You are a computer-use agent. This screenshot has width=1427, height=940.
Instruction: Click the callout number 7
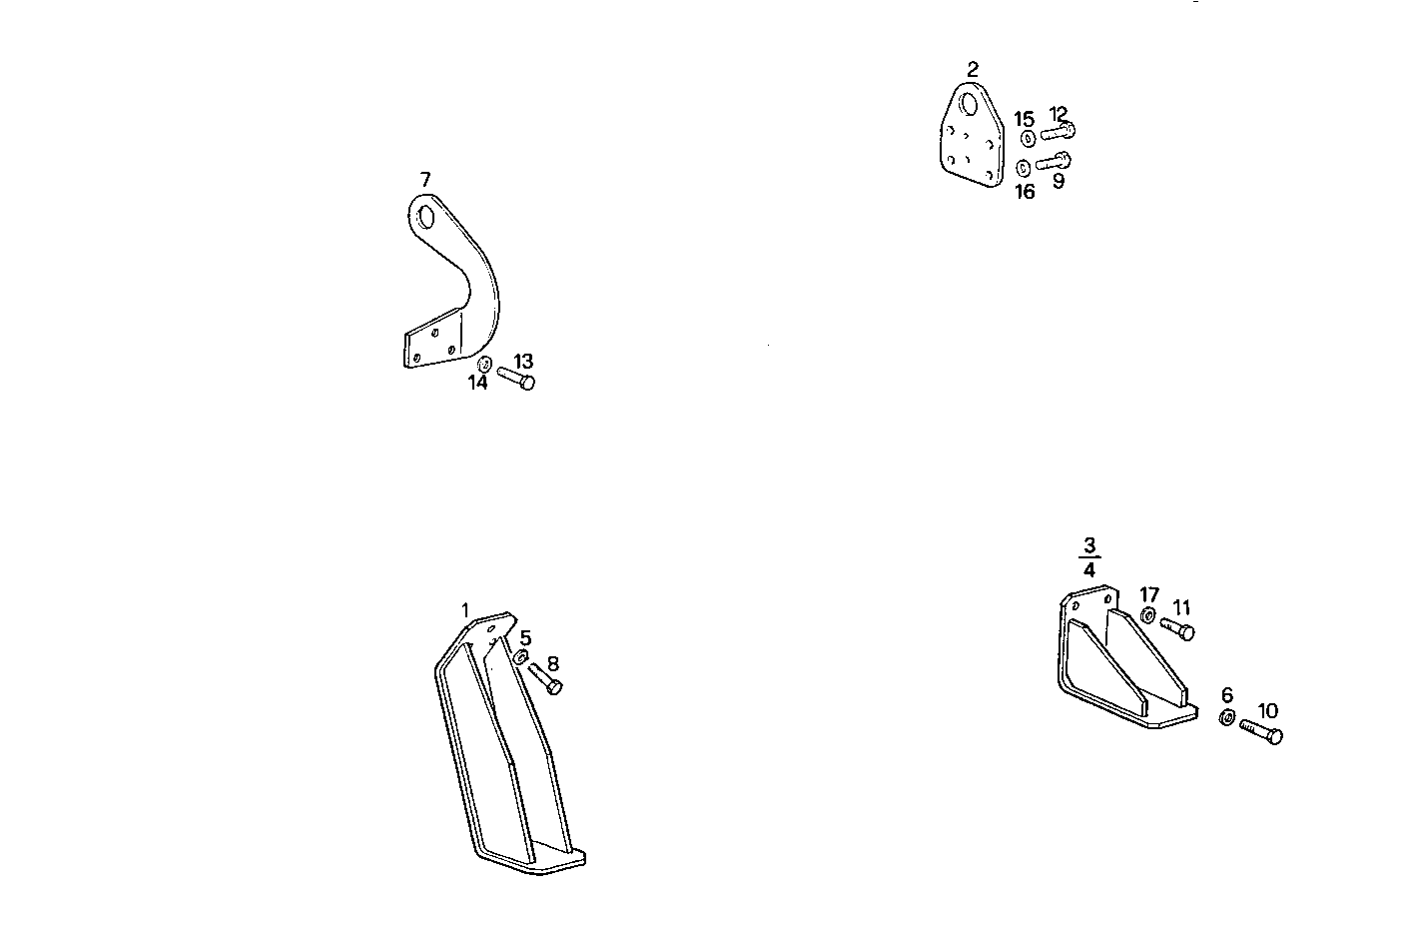(425, 179)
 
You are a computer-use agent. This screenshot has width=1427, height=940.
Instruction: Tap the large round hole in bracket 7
(426, 218)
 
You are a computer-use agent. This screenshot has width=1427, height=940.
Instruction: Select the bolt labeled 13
(516, 378)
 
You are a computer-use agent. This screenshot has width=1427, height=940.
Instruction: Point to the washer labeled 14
(484, 365)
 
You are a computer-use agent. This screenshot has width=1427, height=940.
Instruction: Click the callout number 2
(973, 69)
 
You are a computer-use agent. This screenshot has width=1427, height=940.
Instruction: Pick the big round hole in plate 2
(969, 103)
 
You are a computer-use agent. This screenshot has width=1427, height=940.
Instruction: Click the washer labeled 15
(1029, 138)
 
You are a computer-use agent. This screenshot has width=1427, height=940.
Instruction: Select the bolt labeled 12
(1059, 132)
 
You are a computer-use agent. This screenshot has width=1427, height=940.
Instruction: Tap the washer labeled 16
(1024, 168)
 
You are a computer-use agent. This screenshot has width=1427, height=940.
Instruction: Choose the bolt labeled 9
(1054, 161)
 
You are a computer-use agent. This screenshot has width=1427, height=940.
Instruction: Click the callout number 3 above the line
(1089, 546)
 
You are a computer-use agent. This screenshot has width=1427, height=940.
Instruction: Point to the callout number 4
(1089, 569)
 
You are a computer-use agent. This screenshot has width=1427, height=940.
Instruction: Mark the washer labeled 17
(1148, 615)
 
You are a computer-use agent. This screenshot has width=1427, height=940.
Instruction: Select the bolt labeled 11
(1177, 628)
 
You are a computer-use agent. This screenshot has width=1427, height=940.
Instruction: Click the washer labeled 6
(1227, 717)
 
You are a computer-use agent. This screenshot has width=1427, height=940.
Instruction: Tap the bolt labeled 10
(1261, 731)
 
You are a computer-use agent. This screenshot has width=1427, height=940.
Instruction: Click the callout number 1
(465, 610)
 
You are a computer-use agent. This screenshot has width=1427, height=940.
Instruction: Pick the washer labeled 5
(521, 656)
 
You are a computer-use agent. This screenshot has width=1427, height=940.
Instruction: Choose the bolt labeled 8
(545, 679)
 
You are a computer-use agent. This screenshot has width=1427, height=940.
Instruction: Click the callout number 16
(1025, 192)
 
